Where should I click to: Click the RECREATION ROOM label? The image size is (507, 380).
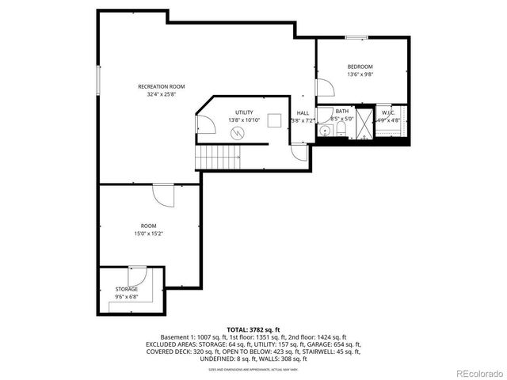pyautogui.click(x=161, y=85)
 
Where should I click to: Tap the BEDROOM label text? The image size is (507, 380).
pyautogui.click(x=360, y=66)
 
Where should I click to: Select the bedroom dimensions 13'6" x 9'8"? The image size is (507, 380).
pyautogui.click(x=360, y=74)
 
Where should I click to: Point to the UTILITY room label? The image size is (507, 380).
pyautogui.click(x=243, y=112)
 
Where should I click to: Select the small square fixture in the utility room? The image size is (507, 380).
pyautogui.click(x=275, y=120)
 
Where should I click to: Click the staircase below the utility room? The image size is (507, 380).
pyautogui.click(x=219, y=158)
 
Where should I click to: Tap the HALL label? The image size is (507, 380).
pyautogui.click(x=303, y=113)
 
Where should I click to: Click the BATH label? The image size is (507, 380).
pyautogui.click(x=341, y=112)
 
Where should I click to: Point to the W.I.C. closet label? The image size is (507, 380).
pyautogui.click(x=388, y=113)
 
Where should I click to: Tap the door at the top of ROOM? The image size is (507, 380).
pyautogui.click(x=163, y=195)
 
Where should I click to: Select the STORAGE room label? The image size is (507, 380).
pyautogui.click(x=127, y=290)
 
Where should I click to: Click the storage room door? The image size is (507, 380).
pyautogui.click(x=135, y=276)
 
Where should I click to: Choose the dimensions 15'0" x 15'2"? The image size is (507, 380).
pyautogui.click(x=149, y=234)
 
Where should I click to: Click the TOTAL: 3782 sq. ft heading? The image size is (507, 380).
pyautogui.click(x=253, y=329)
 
